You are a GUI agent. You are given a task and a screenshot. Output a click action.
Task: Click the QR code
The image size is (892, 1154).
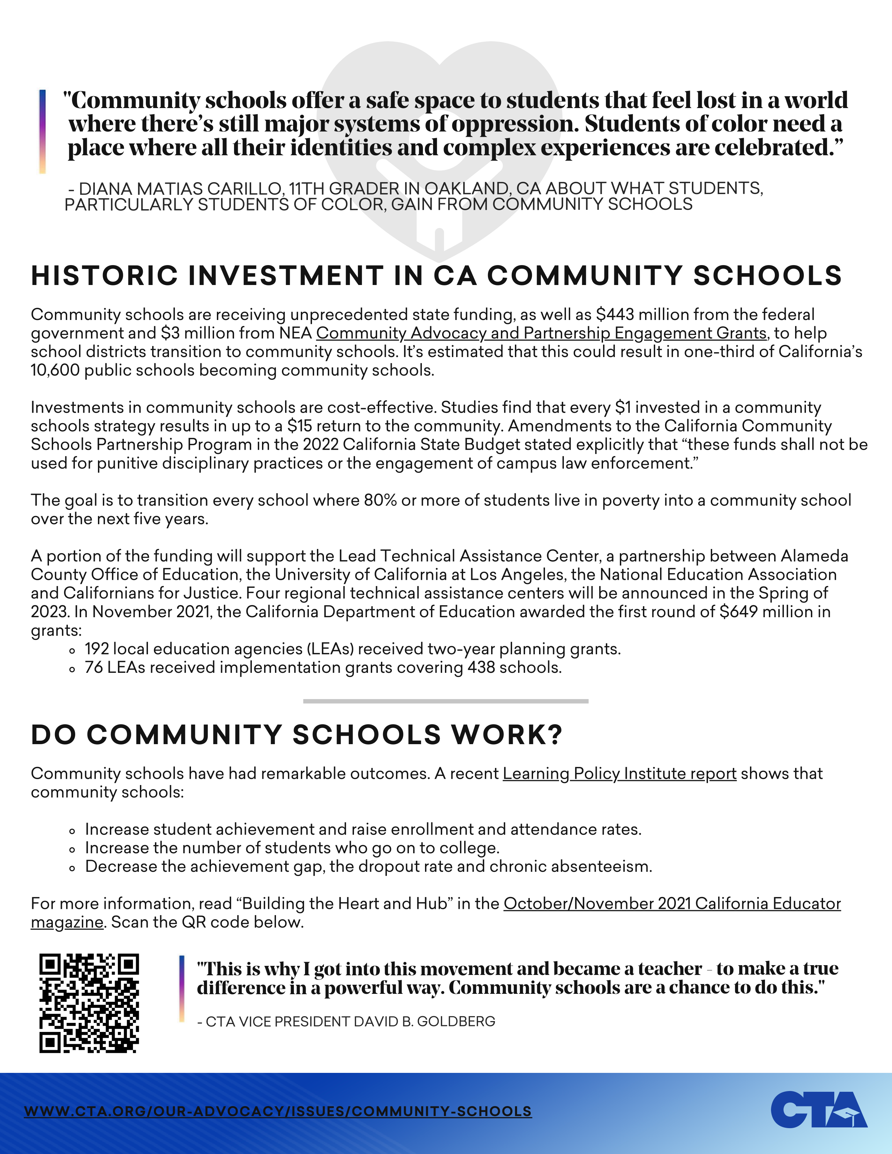pos(89,1003)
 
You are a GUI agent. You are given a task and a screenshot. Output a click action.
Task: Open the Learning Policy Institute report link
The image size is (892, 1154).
pos(619,774)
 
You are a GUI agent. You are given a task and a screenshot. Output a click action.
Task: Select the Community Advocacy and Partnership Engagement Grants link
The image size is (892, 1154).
pos(541,333)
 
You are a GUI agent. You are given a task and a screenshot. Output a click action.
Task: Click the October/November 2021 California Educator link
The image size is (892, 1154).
pos(672,904)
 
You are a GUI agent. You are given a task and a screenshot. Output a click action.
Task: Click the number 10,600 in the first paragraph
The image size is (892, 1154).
pos(55,370)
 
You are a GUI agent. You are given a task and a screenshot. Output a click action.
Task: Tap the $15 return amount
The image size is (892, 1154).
pos(300,426)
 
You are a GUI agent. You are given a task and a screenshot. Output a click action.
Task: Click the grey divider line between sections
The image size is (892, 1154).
pos(445,701)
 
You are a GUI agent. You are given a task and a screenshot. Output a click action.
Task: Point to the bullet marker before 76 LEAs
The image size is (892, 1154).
pos(72,669)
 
